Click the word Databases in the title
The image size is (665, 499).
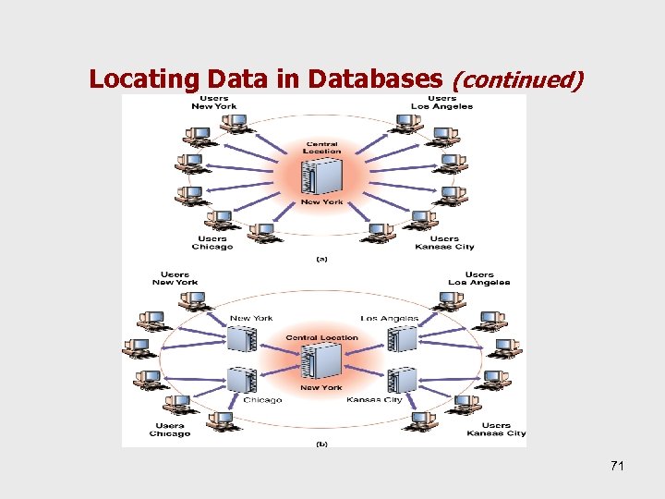[369, 79]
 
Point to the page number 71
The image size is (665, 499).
[617, 466]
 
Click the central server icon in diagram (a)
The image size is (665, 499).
[321, 176]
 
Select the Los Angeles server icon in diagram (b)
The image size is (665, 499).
[403, 339]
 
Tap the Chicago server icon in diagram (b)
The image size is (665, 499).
[242, 381]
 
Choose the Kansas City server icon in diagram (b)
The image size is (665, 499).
[403, 381]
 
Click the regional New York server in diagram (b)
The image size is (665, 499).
[242, 339]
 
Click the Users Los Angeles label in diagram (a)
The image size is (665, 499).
[441, 102]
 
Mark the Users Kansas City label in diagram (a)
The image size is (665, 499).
[444, 242]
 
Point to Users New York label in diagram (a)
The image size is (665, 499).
[214, 102]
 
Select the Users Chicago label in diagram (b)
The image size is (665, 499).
[170, 430]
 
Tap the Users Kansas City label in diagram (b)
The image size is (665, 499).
[496, 430]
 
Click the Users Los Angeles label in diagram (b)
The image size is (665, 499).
[478, 278]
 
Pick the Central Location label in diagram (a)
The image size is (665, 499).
[321, 148]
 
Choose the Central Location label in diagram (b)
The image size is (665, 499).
[321, 337]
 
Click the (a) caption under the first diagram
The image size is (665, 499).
[321, 260]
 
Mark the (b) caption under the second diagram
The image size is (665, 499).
[321, 444]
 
